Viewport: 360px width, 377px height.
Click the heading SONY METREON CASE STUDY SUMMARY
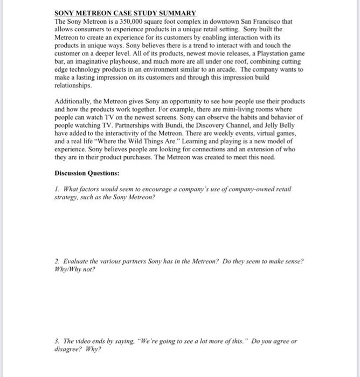tap(126, 12)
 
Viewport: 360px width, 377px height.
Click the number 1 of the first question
tap(57, 189)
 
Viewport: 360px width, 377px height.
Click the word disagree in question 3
tap(68, 350)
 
